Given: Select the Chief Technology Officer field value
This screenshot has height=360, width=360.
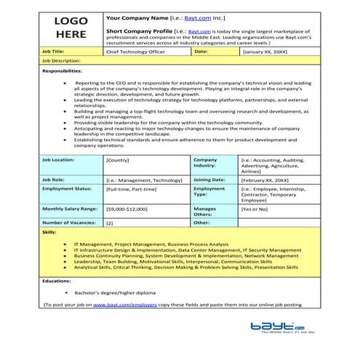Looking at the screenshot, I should click(x=135, y=52).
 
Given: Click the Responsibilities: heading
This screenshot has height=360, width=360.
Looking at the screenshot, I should click(x=62, y=71).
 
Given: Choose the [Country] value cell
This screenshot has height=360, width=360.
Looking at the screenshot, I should click(x=118, y=159).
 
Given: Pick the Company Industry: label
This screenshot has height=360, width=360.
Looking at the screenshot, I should click(x=206, y=162).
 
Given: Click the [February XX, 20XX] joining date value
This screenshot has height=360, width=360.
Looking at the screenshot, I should click(x=267, y=179).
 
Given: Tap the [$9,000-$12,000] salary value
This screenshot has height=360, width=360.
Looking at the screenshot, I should click(x=127, y=209).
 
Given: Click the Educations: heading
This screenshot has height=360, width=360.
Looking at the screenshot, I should click(x=56, y=279).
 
